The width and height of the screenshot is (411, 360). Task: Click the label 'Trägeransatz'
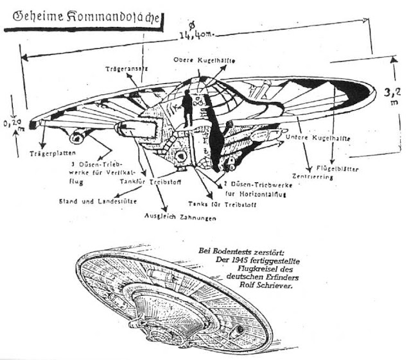pos(128,68)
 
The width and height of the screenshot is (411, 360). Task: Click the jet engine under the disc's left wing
pos(82,135)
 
